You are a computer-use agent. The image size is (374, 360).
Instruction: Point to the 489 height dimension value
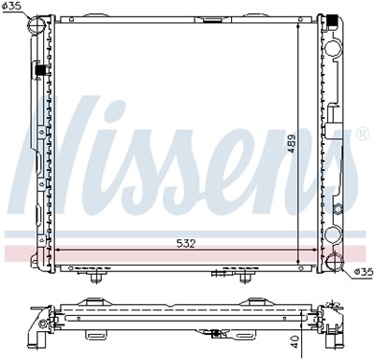tap(291, 140)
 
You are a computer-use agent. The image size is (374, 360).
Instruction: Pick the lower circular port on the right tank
tap(334, 234)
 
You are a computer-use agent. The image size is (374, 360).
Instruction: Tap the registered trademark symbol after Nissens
tap(361, 133)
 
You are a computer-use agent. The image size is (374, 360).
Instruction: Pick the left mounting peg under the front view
tap(94, 277)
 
